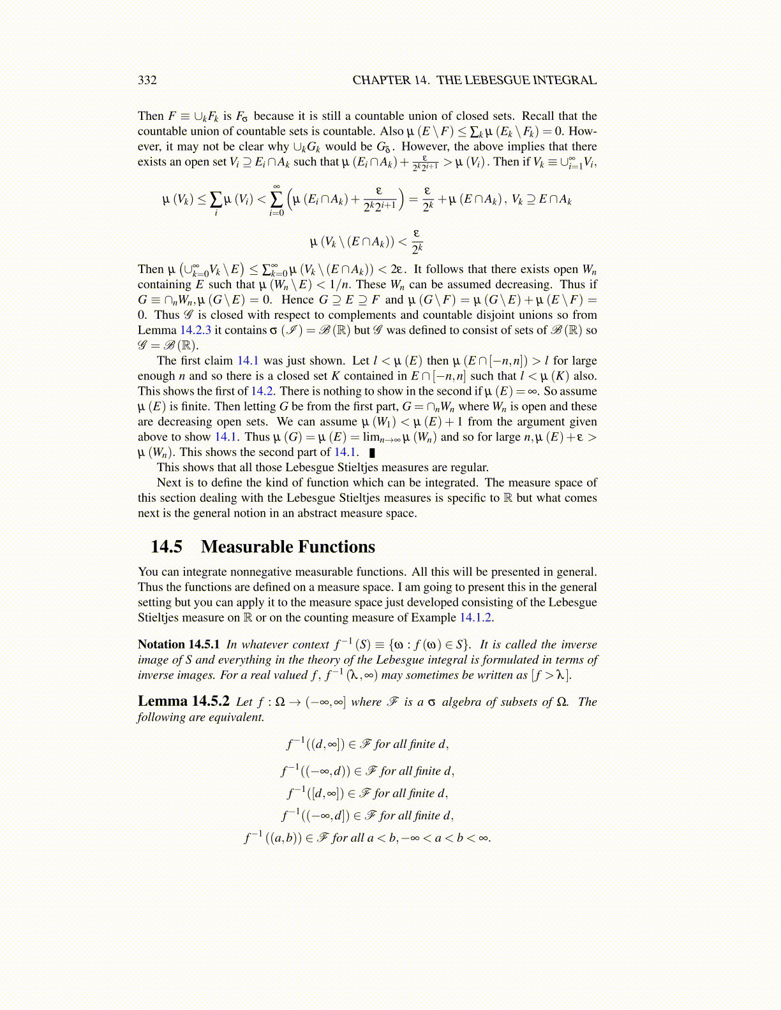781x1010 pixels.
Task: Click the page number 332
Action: [x=147, y=80]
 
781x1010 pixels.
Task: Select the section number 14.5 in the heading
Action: [x=167, y=547]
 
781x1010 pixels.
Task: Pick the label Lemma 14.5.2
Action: [x=183, y=701]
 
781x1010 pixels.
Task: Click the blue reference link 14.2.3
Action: [x=195, y=330]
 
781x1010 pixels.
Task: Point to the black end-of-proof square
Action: [x=372, y=453]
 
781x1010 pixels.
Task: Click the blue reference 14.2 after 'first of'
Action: [x=261, y=392]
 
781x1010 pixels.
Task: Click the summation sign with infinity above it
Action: [x=276, y=200]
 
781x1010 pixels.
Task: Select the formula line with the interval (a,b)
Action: [x=368, y=838]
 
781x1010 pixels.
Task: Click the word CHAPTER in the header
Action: [x=382, y=80]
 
